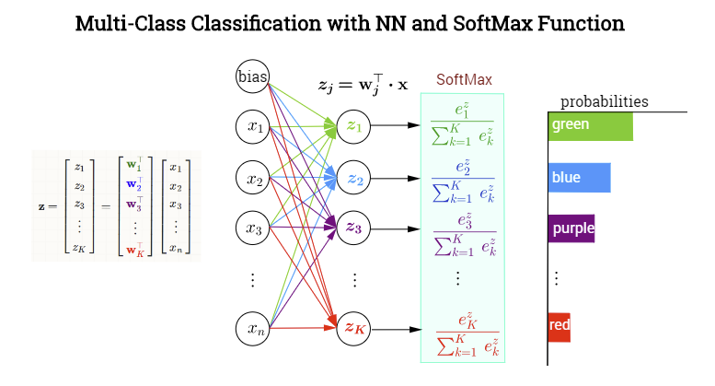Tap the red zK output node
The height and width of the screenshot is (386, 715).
pos(354,326)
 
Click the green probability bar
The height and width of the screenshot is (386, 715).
pos(590,125)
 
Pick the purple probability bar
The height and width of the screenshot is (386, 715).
pos(571,228)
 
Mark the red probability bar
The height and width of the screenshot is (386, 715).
pos(559,325)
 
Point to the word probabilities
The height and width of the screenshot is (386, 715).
pos(605,101)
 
